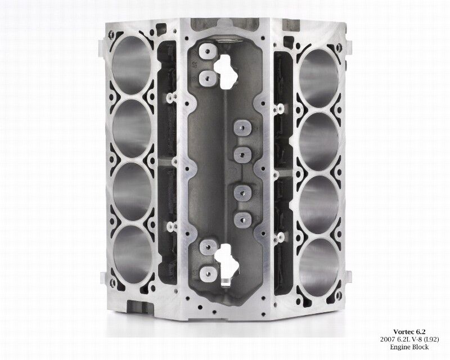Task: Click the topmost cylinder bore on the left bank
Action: click(x=132, y=65)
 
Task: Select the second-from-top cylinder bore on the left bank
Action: click(x=132, y=128)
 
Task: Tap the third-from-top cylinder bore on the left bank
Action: click(x=132, y=191)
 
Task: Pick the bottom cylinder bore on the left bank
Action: click(x=133, y=255)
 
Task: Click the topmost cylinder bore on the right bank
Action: click(x=318, y=78)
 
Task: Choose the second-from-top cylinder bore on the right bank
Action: click(x=318, y=142)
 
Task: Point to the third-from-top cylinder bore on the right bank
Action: click(x=318, y=205)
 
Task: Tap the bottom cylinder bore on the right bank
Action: click(x=318, y=268)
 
